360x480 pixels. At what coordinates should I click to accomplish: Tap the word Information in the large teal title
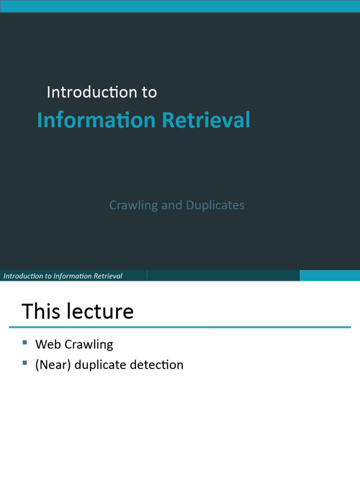(x=96, y=120)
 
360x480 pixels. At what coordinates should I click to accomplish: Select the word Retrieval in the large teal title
(x=206, y=120)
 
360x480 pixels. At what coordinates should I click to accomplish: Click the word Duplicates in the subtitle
(x=215, y=205)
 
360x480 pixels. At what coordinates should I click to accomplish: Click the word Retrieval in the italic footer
(x=108, y=276)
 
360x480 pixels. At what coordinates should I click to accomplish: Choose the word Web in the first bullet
(x=48, y=345)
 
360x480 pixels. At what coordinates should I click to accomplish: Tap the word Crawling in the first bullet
(x=89, y=345)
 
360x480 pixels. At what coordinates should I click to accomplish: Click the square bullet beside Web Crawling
(x=25, y=343)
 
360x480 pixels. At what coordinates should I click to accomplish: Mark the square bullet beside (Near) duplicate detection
(x=25, y=363)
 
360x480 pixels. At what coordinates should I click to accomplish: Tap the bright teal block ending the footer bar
(x=330, y=276)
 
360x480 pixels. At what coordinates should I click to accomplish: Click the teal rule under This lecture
(x=180, y=327)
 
